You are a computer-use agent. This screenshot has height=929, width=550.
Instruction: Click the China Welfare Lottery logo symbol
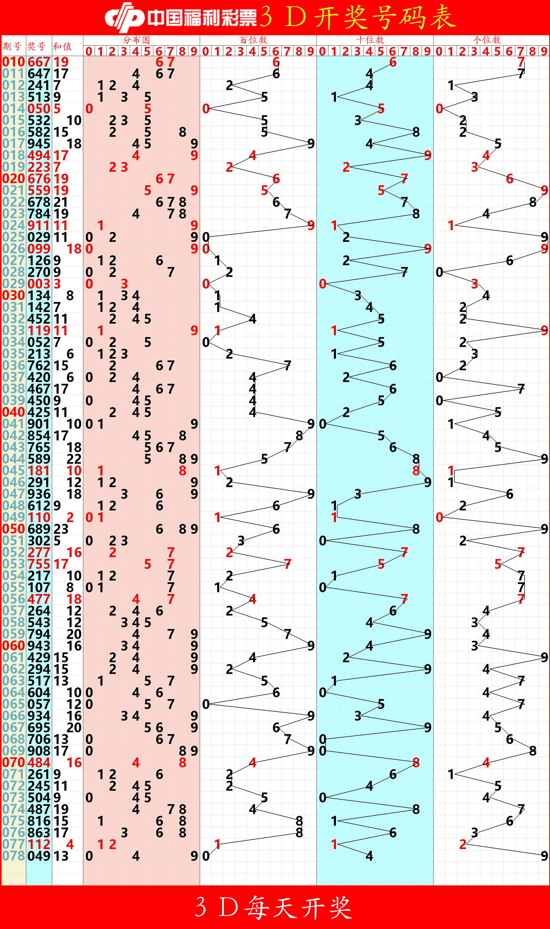point(124,17)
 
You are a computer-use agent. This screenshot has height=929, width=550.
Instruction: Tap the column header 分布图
point(136,40)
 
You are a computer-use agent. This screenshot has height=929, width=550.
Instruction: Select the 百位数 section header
point(253,40)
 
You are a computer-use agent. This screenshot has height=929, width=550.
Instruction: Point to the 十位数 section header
point(370,40)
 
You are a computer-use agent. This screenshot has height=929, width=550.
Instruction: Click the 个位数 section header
point(487,40)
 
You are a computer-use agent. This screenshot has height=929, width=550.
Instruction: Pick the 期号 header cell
point(12,46)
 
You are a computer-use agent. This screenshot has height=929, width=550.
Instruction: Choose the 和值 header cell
point(62,46)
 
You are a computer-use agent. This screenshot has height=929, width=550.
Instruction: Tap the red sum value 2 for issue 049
point(70,517)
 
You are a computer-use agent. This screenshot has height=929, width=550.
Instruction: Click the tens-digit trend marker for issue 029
point(322,284)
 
